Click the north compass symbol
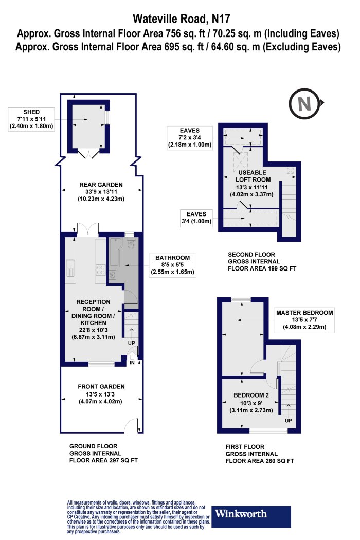[x=305, y=103]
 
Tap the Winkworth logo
[x=251, y=516]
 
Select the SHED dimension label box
[x=31, y=119]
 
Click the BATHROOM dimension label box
[x=172, y=265]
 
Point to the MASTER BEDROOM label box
[x=304, y=320]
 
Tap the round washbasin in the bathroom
[x=113, y=275]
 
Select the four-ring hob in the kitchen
[x=101, y=269]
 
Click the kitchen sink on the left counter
[x=70, y=267]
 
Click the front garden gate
[x=131, y=424]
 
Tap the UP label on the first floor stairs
[x=289, y=421]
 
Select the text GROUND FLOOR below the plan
[x=93, y=446]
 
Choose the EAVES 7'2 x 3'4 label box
[x=189, y=138]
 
